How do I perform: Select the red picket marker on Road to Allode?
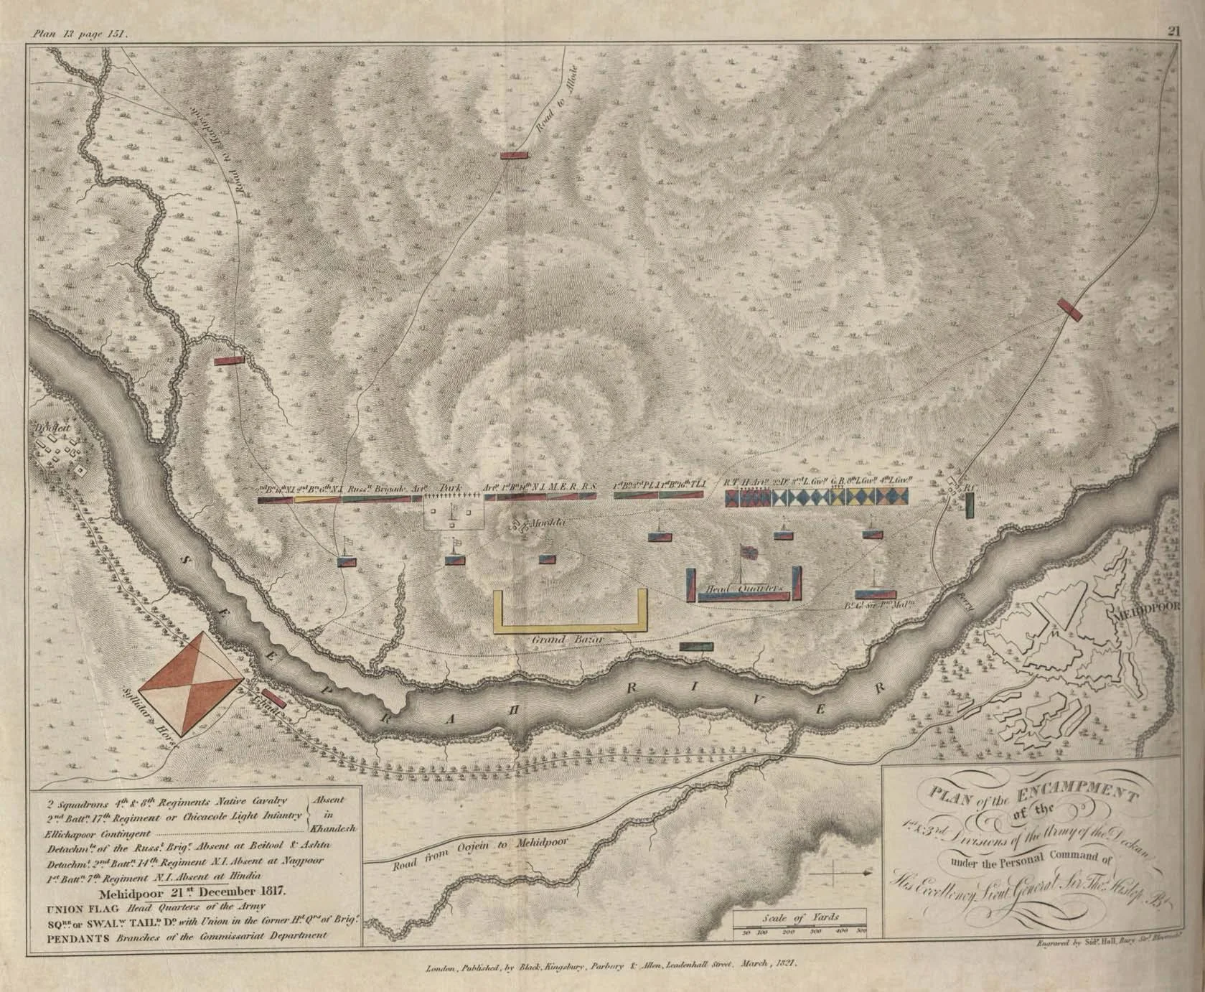tap(515, 154)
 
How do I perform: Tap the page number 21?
tap(1173, 11)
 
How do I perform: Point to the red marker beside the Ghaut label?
tap(273, 698)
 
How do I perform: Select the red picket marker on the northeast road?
tap(1069, 309)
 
